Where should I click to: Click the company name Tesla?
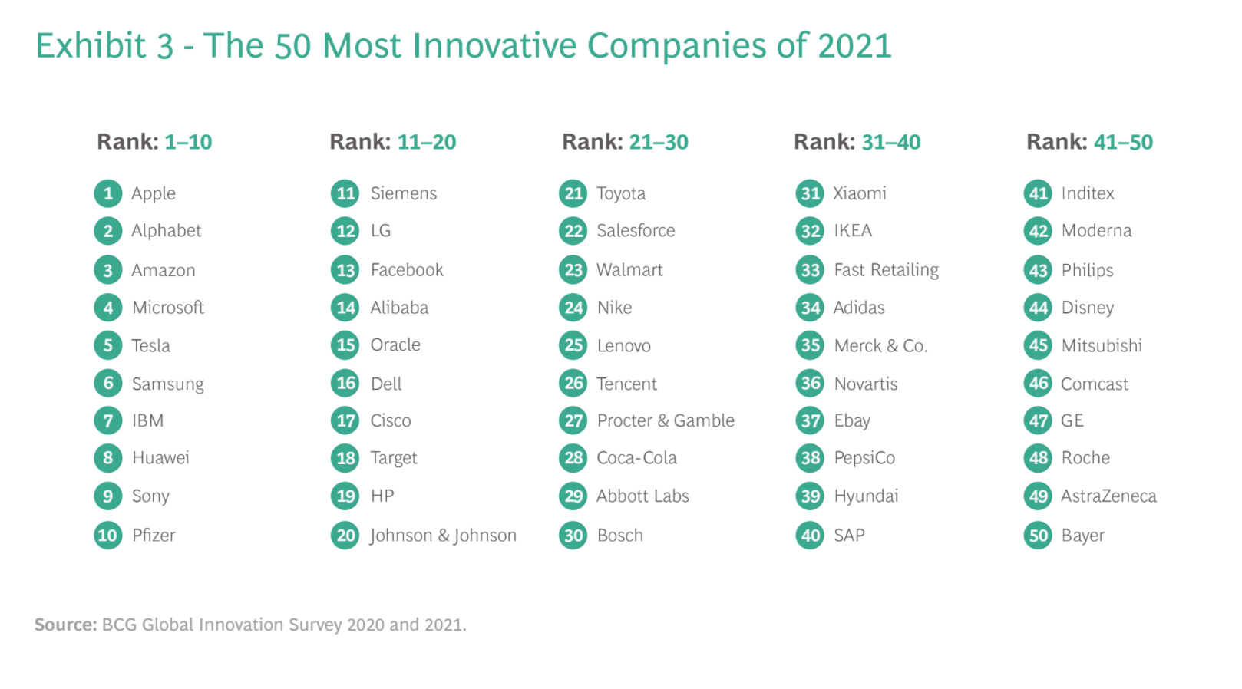pyautogui.click(x=150, y=346)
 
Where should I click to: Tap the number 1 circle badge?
pyautogui.click(x=108, y=193)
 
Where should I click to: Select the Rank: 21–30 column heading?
pyautogui.click(x=625, y=142)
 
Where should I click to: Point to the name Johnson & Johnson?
pyautogui.click(x=443, y=536)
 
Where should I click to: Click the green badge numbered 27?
pyautogui.click(x=574, y=420)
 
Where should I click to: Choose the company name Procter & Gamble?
pyautogui.click(x=666, y=420)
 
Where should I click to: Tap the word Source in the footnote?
pyautogui.click(x=65, y=625)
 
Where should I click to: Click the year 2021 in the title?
pyautogui.click(x=854, y=46)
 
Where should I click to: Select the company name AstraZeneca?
pyautogui.click(x=1108, y=496)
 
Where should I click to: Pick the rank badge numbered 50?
pyautogui.click(x=1039, y=536)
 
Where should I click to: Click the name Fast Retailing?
pyautogui.click(x=886, y=270)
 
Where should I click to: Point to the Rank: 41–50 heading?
pyautogui.click(x=1089, y=142)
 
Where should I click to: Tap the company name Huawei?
pyautogui.click(x=160, y=458)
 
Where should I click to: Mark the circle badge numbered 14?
pyautogui.click(x=346, y=308)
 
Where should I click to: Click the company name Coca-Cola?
pyautogui.click(x=636, y=458)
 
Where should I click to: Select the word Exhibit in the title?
pyautogui.click(x=91, y=46)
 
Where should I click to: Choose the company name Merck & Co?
pyautogui.click(x=880, y=346)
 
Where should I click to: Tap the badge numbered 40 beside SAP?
pyautogui.click(x=811, y=536)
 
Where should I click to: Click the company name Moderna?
pyautogui.click(x=1096, y=231)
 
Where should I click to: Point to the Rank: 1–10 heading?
pyautogui.click(x=154, y=142)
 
